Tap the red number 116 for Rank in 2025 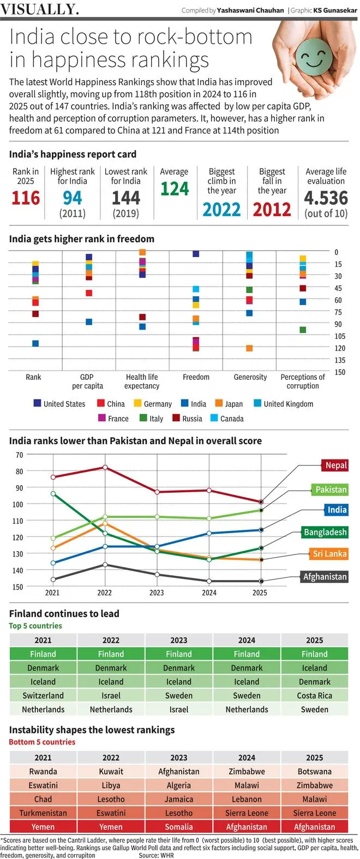point(26,198)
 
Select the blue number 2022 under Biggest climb point(221,210)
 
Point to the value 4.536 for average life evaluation point(326,198)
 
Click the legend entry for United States point(59,404)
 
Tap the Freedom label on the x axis point(196,377)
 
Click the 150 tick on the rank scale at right point(340,372)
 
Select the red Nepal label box point(335,466)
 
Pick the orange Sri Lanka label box point(329,554)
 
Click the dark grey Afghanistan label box point(325,577)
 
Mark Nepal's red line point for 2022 point(105,467)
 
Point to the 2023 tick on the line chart point(157,593)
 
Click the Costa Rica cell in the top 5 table point(314,696)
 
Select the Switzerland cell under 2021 point(43,696)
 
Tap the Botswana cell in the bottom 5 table point(314,772)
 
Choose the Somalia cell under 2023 point(179,827)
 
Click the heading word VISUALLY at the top point(39,9)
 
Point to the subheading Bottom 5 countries point(42,742)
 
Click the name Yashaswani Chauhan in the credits point(250,10)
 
